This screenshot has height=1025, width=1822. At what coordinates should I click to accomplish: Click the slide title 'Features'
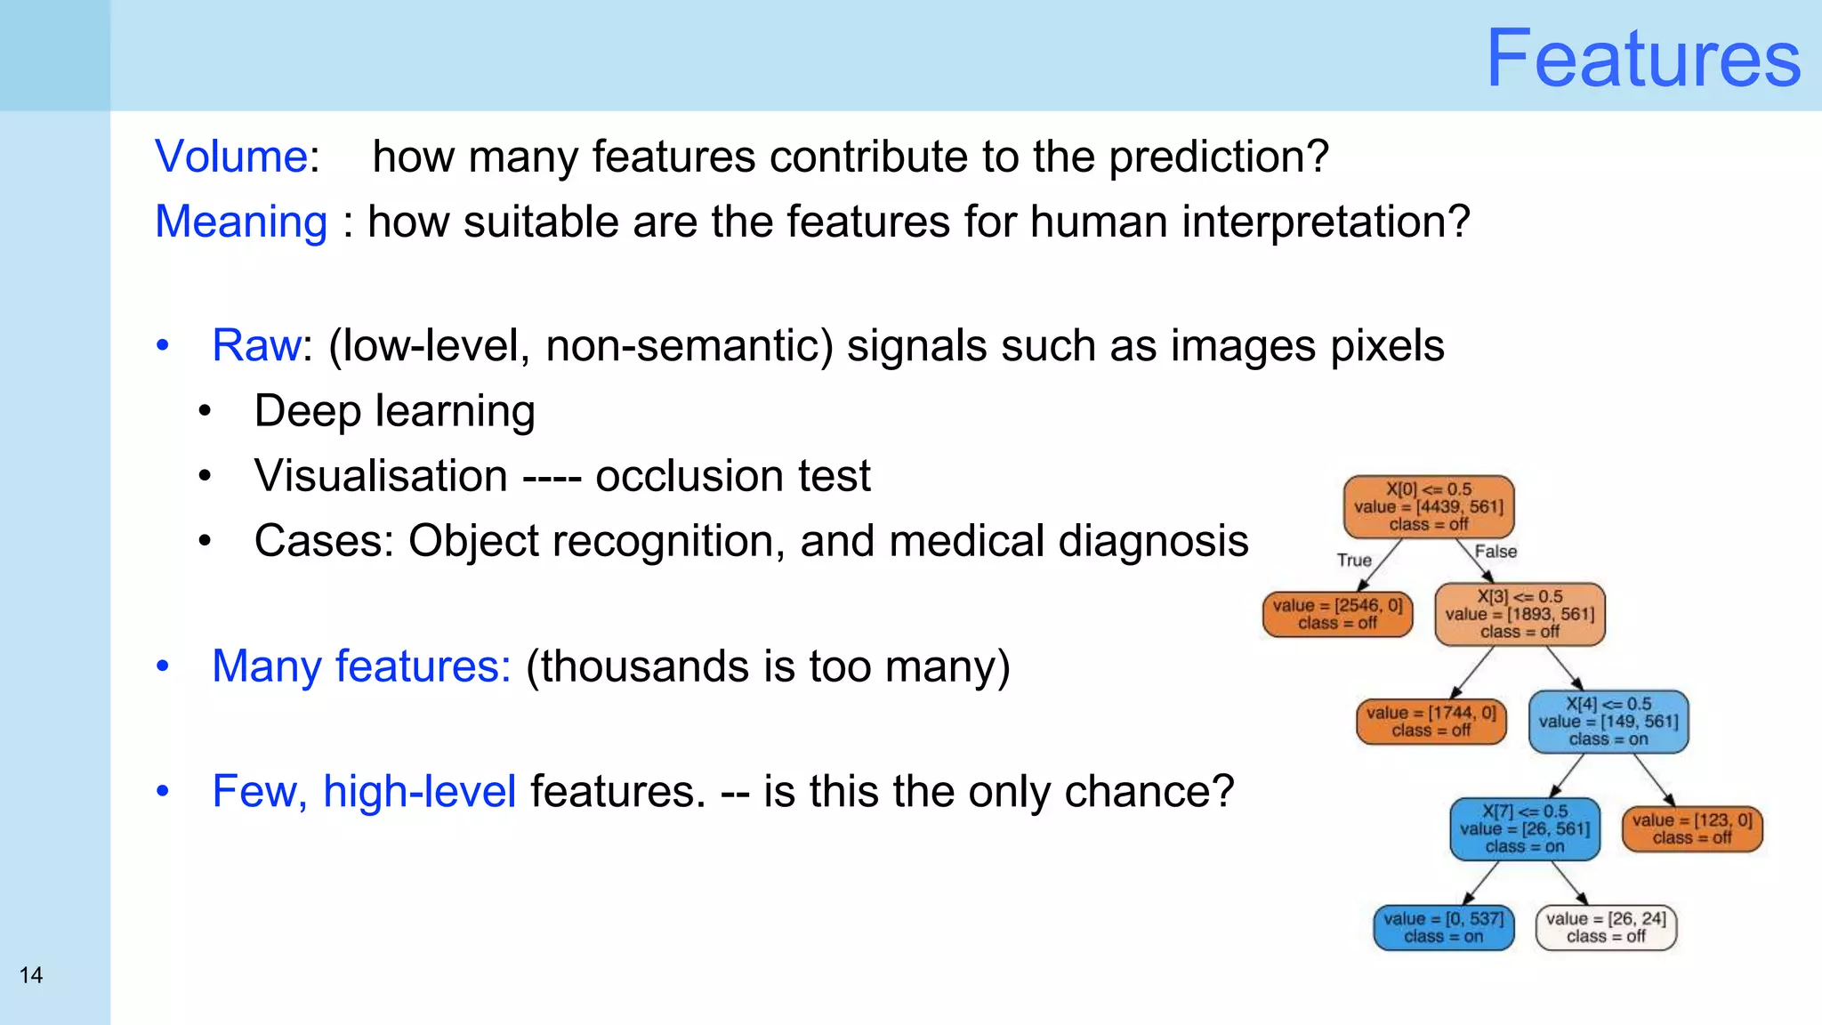point(1642,59)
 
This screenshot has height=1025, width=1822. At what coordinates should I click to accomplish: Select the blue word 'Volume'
point(231,157)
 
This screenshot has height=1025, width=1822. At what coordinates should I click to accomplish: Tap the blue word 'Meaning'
point(241,222)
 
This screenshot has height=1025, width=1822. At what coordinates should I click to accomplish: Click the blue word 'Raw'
point(256,345)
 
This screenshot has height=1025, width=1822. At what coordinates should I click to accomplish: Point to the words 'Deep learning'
point(394,411)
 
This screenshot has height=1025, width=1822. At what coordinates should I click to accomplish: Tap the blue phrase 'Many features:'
point(361,666)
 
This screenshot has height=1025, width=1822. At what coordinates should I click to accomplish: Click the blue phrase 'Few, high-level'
point(364,791)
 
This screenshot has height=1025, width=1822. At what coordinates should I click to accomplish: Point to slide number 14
point(31,975)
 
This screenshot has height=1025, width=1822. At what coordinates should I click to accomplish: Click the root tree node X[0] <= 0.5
point(1428,507)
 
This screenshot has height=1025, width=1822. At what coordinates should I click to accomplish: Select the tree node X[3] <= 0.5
point(1520,614)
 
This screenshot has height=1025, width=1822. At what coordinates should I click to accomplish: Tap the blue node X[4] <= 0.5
point(1608,722)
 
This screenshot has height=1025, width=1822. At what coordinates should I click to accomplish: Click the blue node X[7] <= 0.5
point(1524,829)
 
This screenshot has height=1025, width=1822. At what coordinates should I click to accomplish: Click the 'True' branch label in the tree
point(1354,560)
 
